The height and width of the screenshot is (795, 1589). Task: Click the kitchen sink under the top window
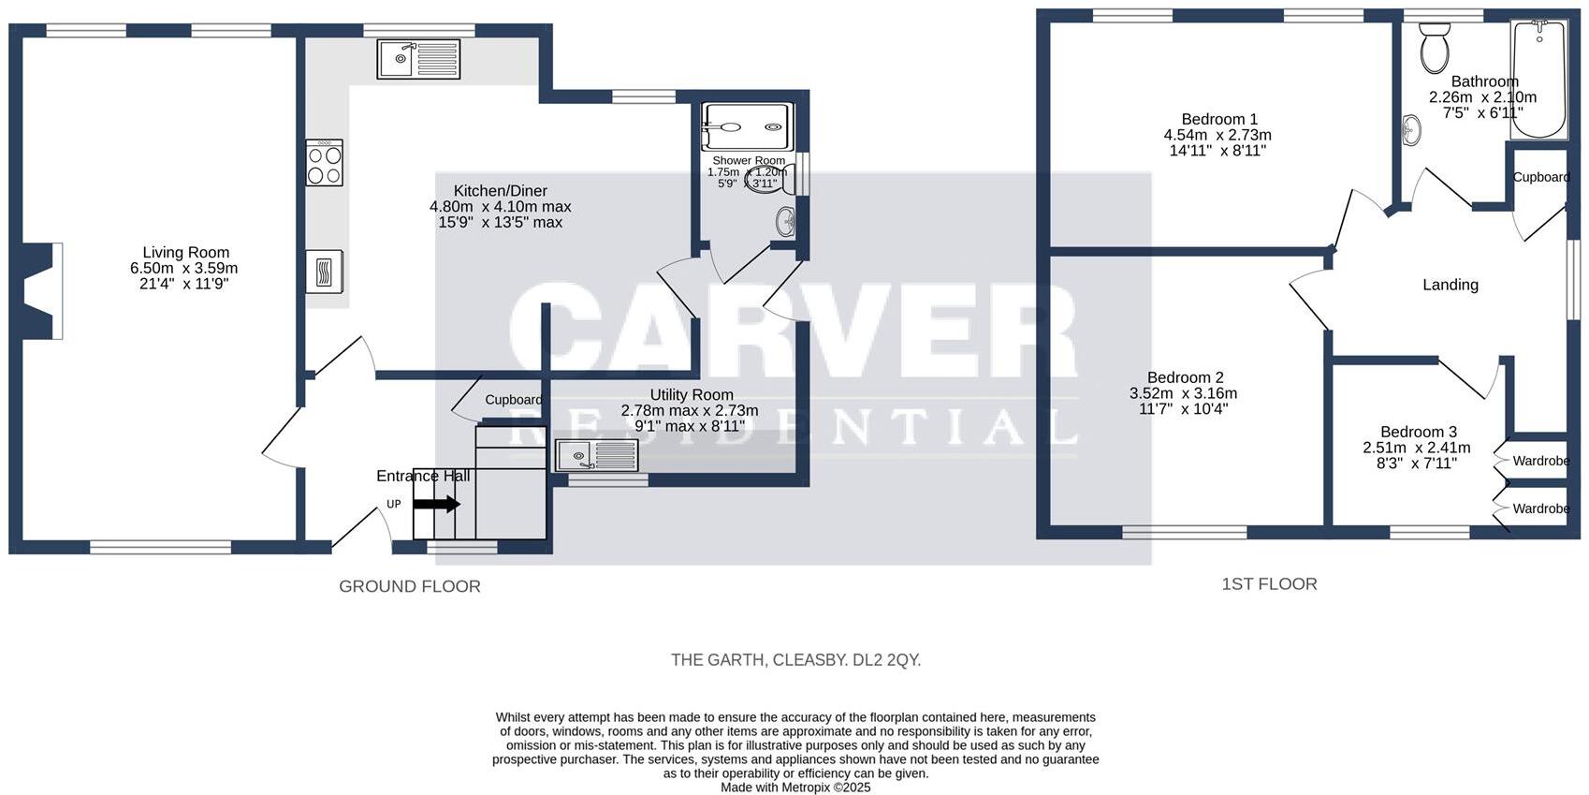(418, 59)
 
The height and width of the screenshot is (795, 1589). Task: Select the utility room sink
(596, 456)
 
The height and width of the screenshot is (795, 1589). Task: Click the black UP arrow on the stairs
(436, 504)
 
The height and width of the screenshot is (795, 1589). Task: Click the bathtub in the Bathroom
(1538, 80)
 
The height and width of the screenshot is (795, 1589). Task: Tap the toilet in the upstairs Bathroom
(1434, 49)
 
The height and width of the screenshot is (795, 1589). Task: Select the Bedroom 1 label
(1219, 119)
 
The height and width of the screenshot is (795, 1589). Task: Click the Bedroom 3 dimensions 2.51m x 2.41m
(1417, 448)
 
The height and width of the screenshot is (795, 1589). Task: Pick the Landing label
(1451, 285)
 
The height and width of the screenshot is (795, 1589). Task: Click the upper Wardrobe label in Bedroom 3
(1540, 461)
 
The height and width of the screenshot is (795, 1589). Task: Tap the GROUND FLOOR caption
(409, 586)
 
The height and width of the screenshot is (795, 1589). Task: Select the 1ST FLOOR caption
(1269, 583)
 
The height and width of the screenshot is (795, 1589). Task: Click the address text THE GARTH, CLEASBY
(795, 660)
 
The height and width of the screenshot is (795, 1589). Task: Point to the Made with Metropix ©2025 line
(795, 788)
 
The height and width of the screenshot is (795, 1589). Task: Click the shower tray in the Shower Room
(747, 126)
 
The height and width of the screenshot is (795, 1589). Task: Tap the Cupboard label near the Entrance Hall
(513, 400)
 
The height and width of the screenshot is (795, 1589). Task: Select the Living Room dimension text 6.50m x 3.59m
(184, 268)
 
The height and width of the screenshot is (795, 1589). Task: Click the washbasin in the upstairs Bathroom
(1411, 130)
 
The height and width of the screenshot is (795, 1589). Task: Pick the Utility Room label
(691, 395)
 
